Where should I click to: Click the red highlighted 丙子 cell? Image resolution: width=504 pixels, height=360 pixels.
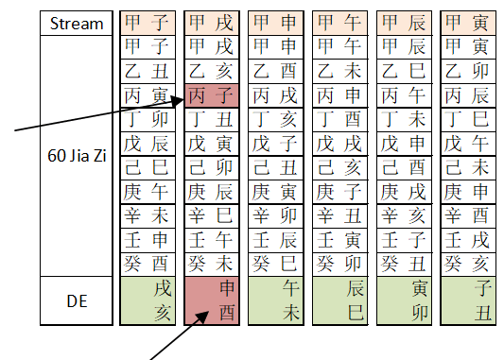click(210, 95)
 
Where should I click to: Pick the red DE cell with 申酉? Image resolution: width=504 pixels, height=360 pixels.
click(210, 300)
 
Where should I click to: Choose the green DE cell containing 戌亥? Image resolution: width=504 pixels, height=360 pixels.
click(146, 300)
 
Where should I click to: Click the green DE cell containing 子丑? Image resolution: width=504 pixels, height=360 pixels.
click(466, 300)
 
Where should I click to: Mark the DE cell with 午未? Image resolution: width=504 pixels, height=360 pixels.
click(274, 300)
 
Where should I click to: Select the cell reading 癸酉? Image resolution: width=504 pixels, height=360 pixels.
click(146, 262)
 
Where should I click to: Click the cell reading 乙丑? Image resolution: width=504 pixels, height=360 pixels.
click(146, 71)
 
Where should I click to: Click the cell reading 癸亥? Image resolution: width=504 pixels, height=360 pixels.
click(466, 262)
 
